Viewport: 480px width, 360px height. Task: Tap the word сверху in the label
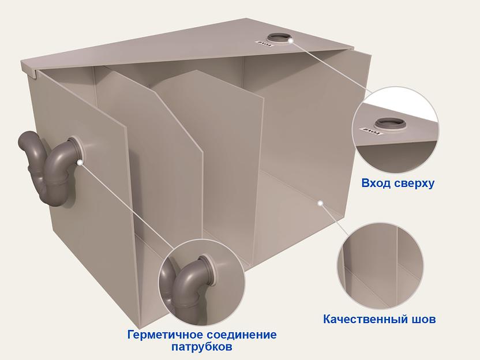[x=412, y=183]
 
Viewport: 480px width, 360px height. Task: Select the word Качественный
[x=359, y=319]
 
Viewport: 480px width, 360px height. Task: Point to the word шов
[x=423, y=319]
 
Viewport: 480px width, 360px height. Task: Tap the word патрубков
[x=202, y=347]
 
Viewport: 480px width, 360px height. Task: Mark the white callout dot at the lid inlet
[x=291, y=40]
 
